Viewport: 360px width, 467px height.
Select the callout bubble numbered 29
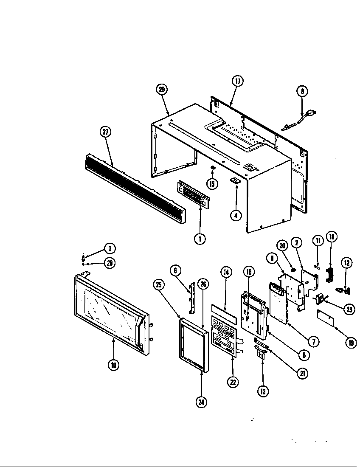pos(161,90)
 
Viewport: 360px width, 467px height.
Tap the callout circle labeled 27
pos(105,132)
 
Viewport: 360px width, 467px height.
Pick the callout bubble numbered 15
pos(212,183)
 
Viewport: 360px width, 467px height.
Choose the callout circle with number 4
pos(236,215)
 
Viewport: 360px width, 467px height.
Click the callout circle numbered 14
pos(226,273)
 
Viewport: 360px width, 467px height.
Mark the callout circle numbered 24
pos(202,402)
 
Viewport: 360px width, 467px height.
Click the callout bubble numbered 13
pos(263,391)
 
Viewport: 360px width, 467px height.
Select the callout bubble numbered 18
pos(331,237)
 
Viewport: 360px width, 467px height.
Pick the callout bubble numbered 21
pos(302,374)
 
